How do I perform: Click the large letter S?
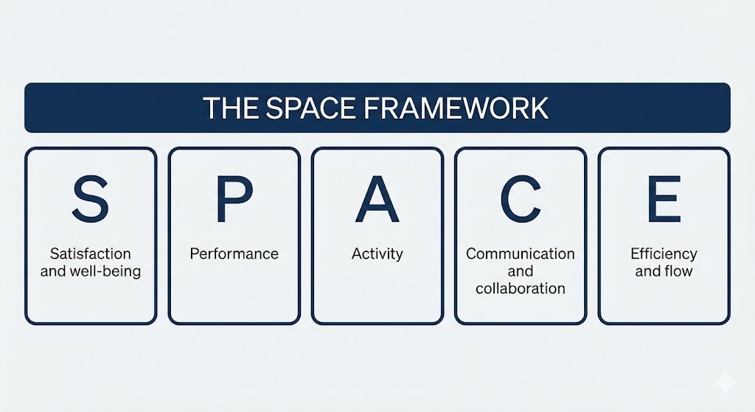click(90, 199)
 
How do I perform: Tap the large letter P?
click(234, 199)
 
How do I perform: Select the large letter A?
click(377, 199)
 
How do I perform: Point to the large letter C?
click(520, 199)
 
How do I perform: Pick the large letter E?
click(664, 199)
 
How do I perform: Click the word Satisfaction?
click(91, 254)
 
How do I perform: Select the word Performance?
click(234, 254)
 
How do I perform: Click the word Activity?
click(377, 254)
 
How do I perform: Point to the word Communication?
click(520, 254)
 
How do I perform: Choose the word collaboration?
click(521, 288)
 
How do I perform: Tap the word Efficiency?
click(664, 254)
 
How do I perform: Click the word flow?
click(678, 271)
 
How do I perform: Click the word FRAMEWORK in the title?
click(456, 108)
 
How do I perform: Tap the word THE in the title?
click(231, 108)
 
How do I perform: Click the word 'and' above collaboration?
click(521, 271)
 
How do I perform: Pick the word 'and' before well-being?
click(53, 271)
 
